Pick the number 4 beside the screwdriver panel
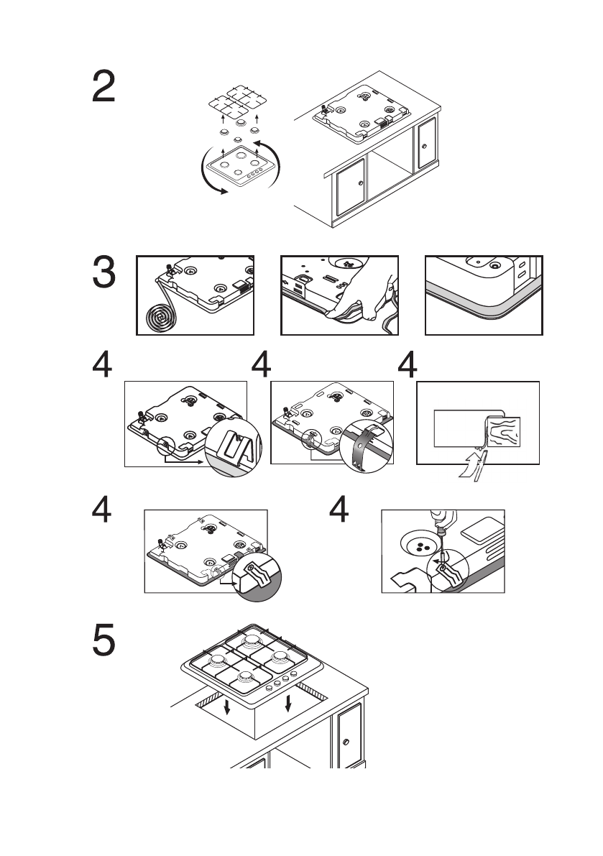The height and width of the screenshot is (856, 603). point(339,512)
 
